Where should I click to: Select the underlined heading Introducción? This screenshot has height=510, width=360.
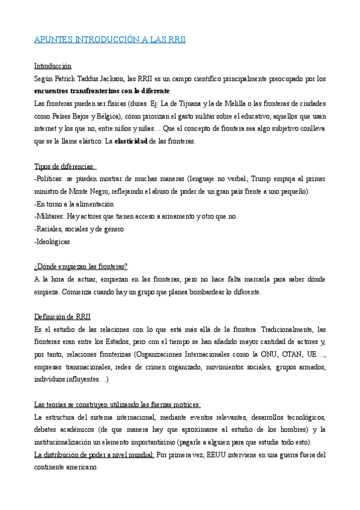[53, 66]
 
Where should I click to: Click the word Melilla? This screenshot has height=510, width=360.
[219, 104]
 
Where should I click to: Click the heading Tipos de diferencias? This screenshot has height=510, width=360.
[66, 167]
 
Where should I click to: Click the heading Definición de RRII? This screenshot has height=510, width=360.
[63, 317]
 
